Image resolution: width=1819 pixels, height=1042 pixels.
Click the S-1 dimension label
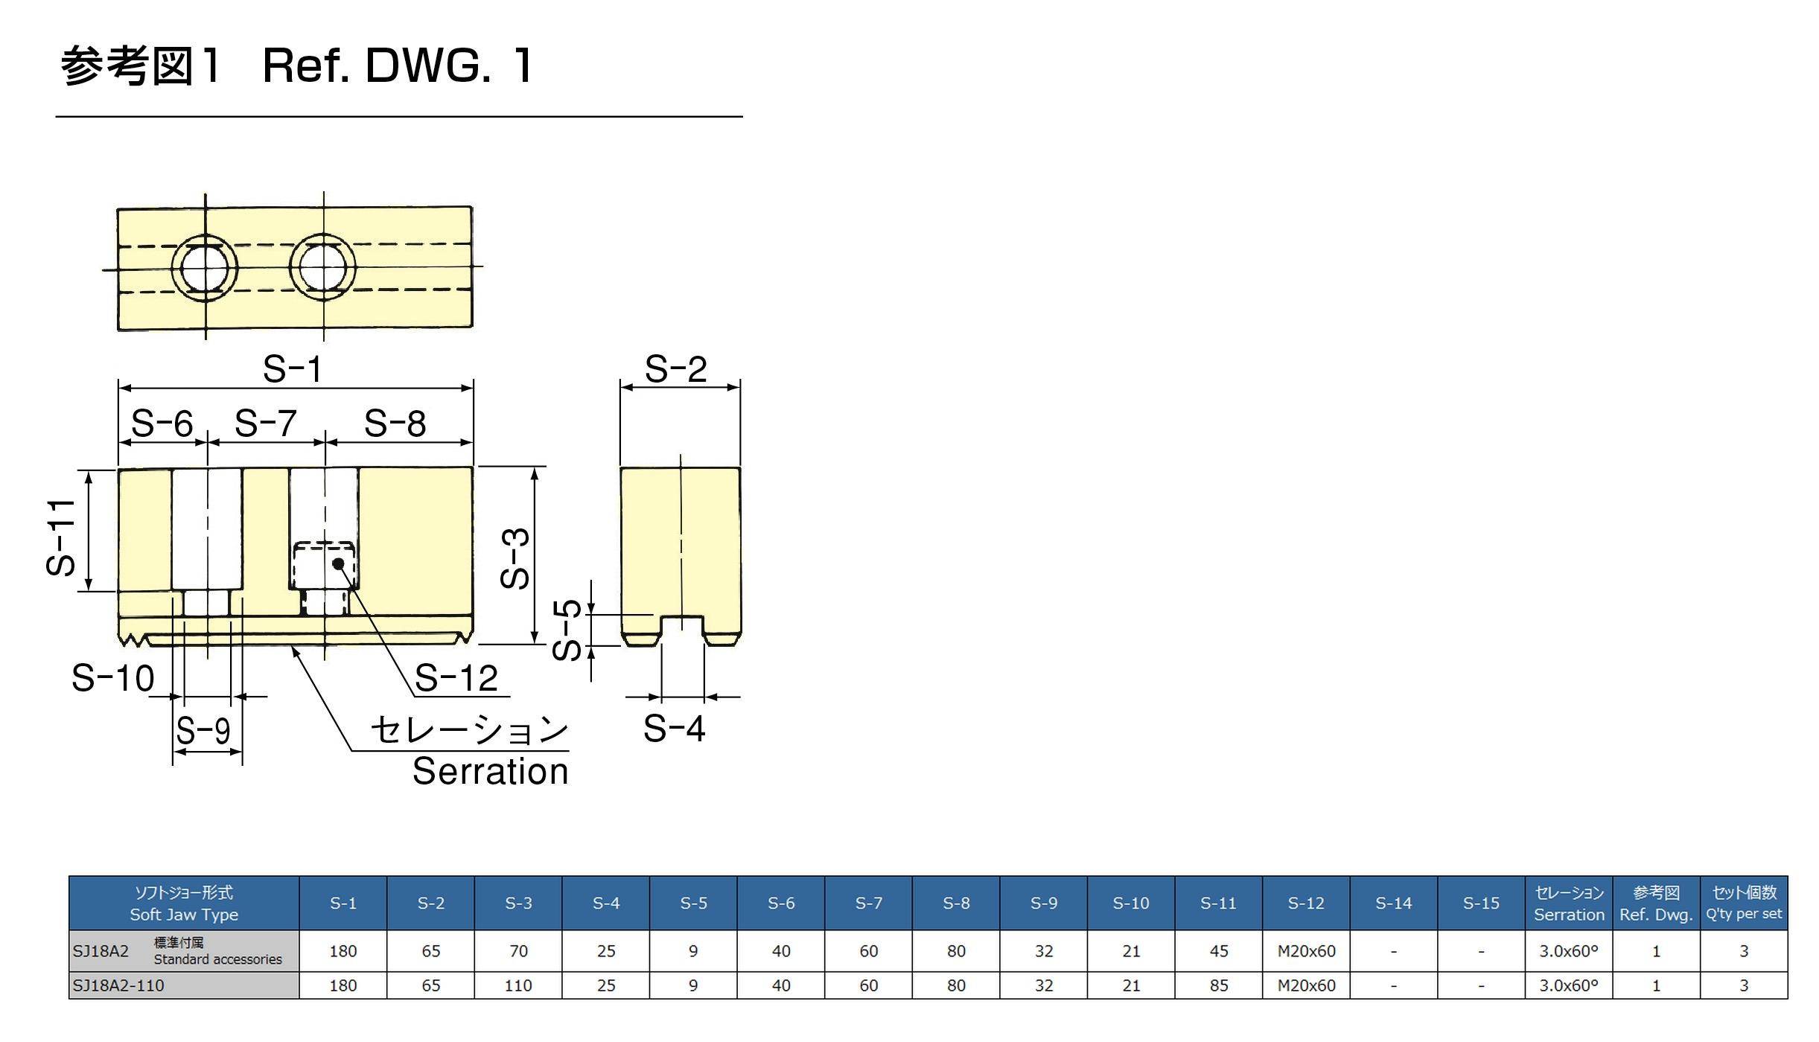tap(293, 369)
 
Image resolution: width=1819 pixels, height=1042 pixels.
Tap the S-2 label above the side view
tap(675, 369)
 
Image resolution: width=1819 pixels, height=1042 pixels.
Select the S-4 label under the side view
tap(674, 728)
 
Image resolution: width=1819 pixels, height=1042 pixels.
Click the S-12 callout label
tap(456, 678)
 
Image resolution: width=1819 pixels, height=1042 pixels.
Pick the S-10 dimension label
tap(112, 678)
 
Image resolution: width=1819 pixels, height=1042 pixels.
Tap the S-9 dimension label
tap(203, 730)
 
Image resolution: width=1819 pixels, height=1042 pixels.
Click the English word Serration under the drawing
tap(491, 771)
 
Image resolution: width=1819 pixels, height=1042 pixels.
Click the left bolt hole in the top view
tap(204, 268)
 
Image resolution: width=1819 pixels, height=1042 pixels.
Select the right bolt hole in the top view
tap(322, 267)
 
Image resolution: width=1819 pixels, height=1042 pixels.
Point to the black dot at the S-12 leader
tap(338, 563)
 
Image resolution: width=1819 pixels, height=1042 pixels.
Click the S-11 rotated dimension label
tap(61, 537)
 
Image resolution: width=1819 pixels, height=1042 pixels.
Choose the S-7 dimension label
tap(265, 423)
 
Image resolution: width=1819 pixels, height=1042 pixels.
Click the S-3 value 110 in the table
tap(518, 985)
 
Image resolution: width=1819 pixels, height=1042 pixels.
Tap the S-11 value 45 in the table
tap(1219, 950)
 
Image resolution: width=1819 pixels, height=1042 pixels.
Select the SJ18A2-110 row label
tap(118, 985)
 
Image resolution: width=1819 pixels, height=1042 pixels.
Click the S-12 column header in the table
tap(1306, 903)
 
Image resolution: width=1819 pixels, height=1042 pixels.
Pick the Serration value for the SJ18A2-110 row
tap(1569, 985)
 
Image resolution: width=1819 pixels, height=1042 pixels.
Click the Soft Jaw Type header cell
tap(184, 903)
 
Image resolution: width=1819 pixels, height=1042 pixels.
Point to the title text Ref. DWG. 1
tap(398, 65)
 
